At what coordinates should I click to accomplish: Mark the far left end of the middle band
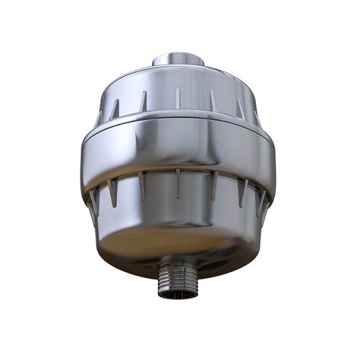(x=84, y=156)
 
